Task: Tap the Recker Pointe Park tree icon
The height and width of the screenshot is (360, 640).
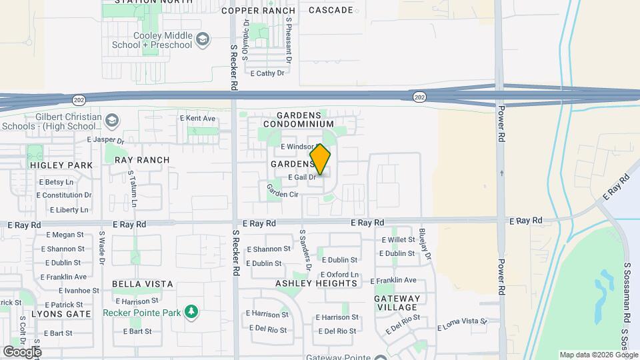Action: point(191,312)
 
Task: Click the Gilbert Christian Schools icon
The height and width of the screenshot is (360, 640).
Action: point(112,120)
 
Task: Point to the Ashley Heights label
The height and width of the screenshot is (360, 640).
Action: point(316,283)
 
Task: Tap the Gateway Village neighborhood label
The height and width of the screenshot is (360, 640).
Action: point(397,303)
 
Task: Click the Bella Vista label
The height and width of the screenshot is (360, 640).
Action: point(143,284)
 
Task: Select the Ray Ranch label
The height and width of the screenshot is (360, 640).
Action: point(142,160)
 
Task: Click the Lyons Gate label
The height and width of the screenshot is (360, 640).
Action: point(61,313)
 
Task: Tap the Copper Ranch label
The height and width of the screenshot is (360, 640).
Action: point(258,11)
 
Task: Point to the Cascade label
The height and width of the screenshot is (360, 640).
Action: point(331,10)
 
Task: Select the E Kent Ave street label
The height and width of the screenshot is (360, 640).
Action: point(198,119)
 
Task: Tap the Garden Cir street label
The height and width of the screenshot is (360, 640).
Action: point(283,194)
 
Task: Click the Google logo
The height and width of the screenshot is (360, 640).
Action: point(22,351)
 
